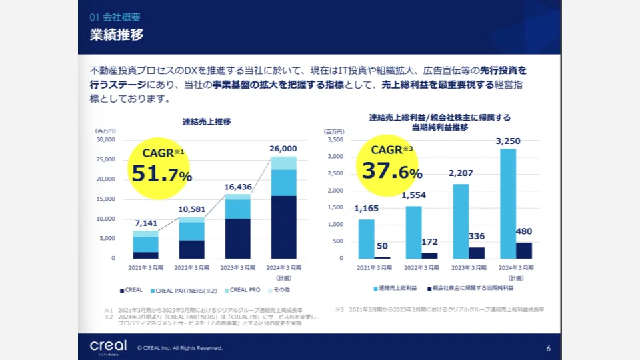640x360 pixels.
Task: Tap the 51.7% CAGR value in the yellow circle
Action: (x=161, y=175)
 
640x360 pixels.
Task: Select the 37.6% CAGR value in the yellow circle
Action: (x=392, y=171)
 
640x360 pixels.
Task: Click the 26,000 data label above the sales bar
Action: (x=283, y=149)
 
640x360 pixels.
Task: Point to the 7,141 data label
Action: (x=145, y=223)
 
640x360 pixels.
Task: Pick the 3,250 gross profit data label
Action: (x=508, y=141)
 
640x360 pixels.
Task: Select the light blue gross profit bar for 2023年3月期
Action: (x=460, y=221)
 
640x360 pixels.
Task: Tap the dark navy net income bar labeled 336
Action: (x=477, y=253)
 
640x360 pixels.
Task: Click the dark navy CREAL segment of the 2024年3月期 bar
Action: (x=283, y=227)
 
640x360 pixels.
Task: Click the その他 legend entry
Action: (x=279, y=290)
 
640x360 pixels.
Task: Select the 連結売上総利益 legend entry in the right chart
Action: (x=396, y=288)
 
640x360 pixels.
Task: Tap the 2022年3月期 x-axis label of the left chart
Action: (x=191, y=267)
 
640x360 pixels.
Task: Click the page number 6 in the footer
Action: (x=548, y=348)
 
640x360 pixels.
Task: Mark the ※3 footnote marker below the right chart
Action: (x=339, y=310)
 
